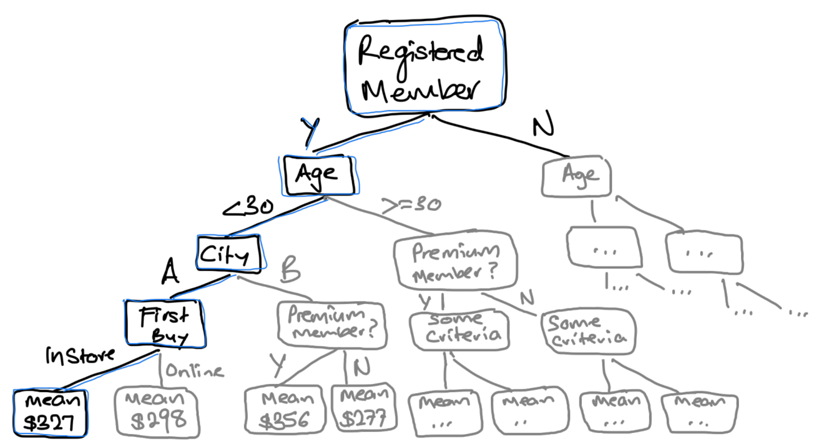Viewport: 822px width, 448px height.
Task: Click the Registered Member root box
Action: tap(425, 66)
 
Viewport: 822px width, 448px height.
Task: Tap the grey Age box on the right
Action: tap(577, 176)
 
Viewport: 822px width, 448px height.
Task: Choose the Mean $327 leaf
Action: tap(50, 413)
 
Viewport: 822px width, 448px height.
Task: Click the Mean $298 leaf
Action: tap(157, 412)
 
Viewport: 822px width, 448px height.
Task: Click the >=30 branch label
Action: tap(411, 205)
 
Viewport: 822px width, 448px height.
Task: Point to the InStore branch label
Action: tap(80, 356)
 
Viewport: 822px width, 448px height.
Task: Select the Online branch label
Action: tap(195, 371)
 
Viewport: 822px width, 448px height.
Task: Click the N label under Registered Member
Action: tap(543, 123)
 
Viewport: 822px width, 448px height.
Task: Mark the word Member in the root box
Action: tap(420, 91)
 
